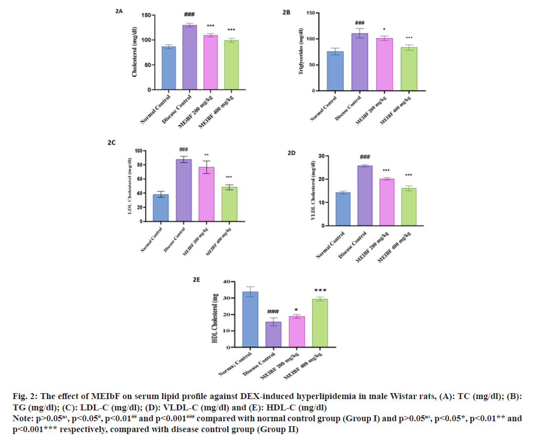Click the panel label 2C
tap(112, 143)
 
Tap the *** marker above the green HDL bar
tap(320, 291)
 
